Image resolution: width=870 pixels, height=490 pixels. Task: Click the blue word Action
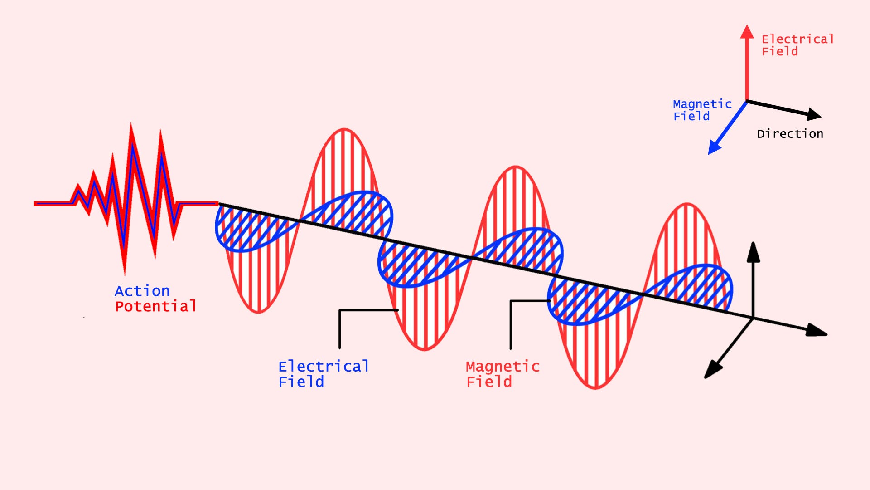pyautogui.click(x=142, y=291)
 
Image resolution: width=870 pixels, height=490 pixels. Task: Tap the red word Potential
pyautogui.click(x=155, y=306)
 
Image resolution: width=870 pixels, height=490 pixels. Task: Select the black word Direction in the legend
pyautogui.click(x=790, y=134)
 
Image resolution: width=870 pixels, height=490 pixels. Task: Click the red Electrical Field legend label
pyautogui.click(x=797, y=45)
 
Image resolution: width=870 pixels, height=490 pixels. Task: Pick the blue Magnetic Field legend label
pyautogui.click(x=702, y=110)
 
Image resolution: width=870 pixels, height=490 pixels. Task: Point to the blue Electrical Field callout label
pyautogui.click(x=324, y=374)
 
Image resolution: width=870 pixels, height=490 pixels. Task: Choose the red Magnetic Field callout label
pyautogui.click(x=503, y=374)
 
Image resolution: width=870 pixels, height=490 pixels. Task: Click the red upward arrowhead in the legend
pyautogui.click(x=747, y=32)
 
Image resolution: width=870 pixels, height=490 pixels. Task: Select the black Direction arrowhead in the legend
pyautogui.click(x=814, y=114)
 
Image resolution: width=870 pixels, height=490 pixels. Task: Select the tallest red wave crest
pyautogui.click(x=343, y=130)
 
